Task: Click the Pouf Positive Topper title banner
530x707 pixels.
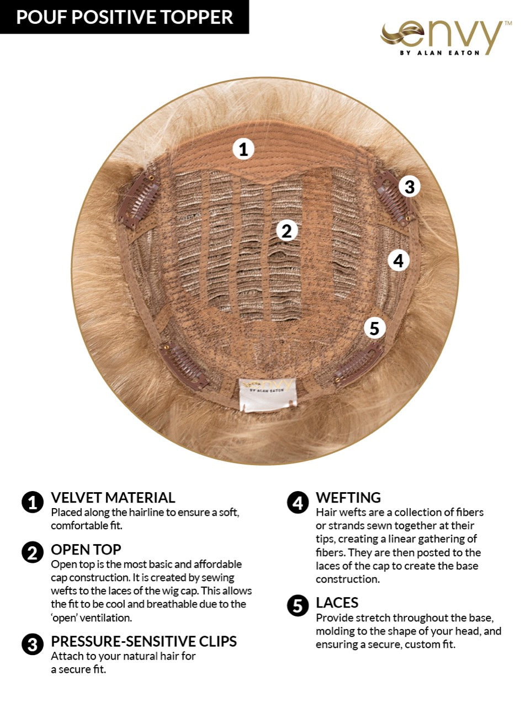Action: point(124,17)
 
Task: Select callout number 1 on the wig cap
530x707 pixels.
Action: point(243,149)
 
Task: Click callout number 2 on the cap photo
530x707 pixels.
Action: point(286,230)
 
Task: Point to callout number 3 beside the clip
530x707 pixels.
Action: point(409,187)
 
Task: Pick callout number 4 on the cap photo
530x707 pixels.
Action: point(399,260)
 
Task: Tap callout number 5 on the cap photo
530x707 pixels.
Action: point(374,328)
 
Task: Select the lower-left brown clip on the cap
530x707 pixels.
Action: point(184,365)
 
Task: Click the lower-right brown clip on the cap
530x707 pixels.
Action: point(359,365)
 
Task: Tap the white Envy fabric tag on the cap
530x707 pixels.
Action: point(267,394)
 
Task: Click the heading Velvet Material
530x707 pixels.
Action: point(113,498)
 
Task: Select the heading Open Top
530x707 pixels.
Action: point(86,550)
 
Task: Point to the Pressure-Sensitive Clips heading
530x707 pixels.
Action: point(144,641)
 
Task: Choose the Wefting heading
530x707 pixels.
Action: point(348,498)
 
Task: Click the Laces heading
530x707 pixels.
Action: point(337,603)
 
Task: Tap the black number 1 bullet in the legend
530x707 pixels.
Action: point(33,503)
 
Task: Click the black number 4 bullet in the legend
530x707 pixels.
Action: point(298,503)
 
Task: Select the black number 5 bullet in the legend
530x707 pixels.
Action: point(298,606)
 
